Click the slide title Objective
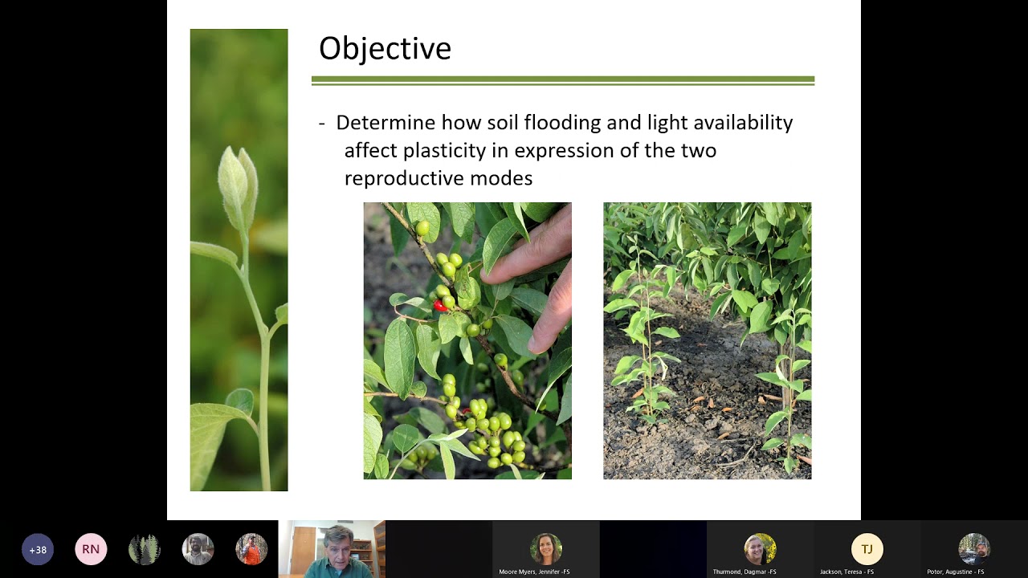(x=385, y=49)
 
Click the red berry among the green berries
(x=439, y=306)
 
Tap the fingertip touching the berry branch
(x=489, y=276)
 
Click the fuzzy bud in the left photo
(x=238, y=188)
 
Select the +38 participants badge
(x=38, y=549)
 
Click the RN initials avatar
(x=91, y=549)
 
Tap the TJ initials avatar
(x=867, y=549)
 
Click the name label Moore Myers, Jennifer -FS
(x=534, y=572)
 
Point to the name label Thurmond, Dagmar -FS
(x=744, y=572)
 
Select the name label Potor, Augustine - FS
(x=956, y=572)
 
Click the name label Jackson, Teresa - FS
(x=846, y=572)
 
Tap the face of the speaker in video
(x=338, y=552)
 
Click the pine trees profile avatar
(x=144, y=549)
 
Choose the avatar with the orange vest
(x=251, y=549)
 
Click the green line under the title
(x=563, y=81)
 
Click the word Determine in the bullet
(x=385, y=123)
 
